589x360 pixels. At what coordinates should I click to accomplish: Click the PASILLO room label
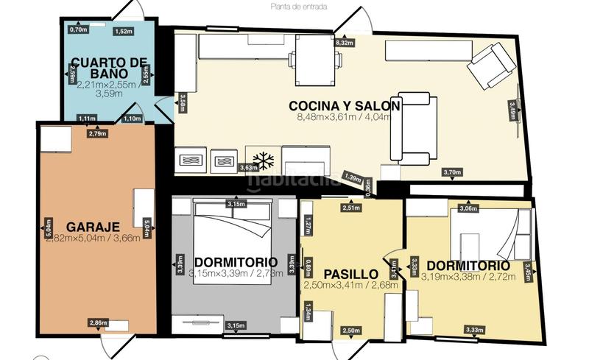[x=351, y=273]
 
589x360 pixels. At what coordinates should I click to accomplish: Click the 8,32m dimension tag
[x=345, y=43]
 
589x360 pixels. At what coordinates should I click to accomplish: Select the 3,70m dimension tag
[x=451, y=172]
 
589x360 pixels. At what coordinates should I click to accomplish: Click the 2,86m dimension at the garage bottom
[x=97, y=322]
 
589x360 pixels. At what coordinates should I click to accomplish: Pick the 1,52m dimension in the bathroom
[x=124, y=32]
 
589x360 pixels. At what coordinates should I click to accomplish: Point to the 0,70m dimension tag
[x=78, y=29]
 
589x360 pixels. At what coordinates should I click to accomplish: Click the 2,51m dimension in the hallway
[x=350, y=208]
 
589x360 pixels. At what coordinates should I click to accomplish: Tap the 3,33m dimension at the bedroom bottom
[x=473, y=329]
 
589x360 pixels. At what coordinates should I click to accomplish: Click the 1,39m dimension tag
[x=353, y=178]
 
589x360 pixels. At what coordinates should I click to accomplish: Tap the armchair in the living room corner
[x=491, y=66]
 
